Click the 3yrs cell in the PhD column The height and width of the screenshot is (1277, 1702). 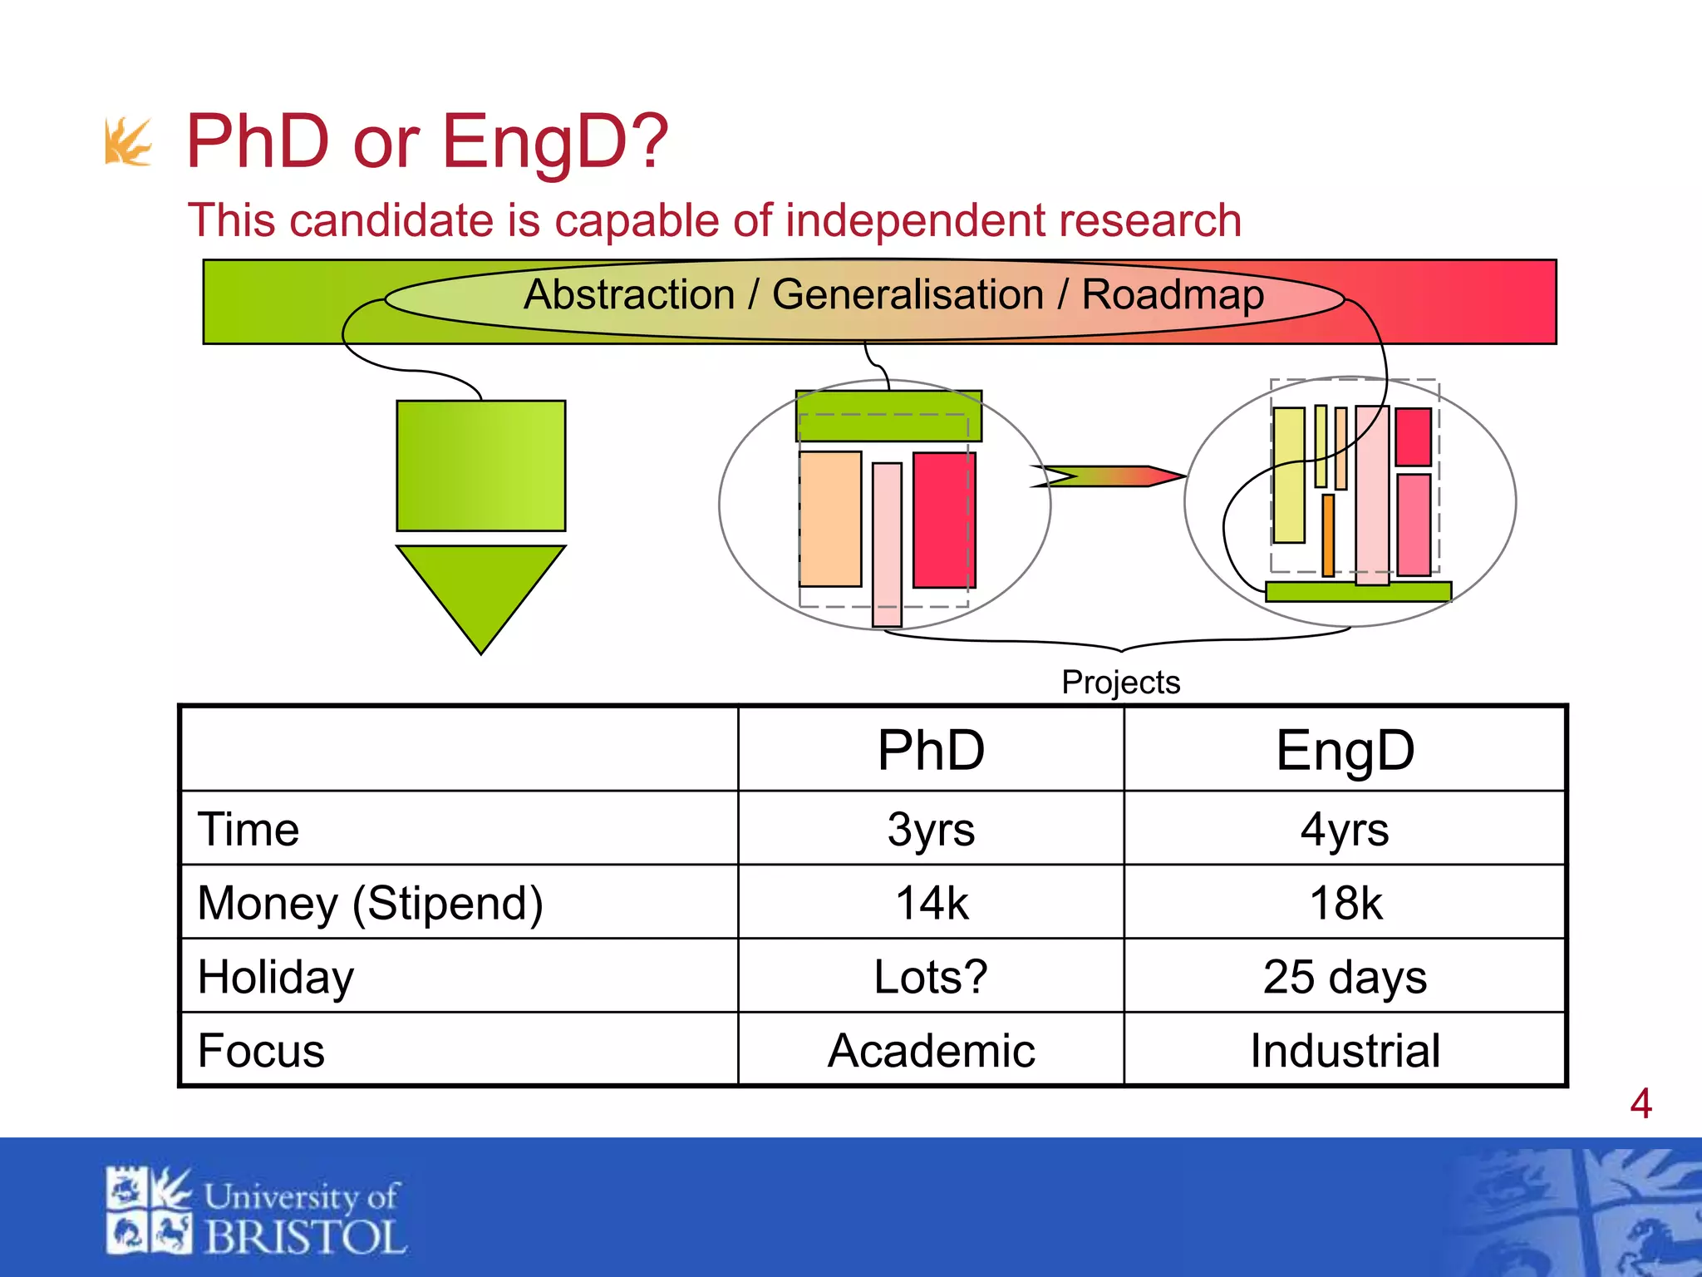930,829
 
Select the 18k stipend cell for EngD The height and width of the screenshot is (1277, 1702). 1345,903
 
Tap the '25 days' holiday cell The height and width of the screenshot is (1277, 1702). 1345,976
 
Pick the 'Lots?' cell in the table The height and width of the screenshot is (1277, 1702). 930,976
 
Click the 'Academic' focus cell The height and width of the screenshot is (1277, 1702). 930,1050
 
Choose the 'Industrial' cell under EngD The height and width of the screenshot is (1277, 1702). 1345,1050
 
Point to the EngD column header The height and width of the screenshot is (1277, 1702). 1345,750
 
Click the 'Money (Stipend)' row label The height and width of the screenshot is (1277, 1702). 371,903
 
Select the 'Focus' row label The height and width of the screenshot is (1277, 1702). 261,1050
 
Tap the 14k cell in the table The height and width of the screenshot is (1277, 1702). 930,903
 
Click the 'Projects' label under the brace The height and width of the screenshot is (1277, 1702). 1120,683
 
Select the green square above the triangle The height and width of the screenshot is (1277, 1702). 480,466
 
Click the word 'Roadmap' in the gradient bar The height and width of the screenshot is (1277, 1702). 1172,295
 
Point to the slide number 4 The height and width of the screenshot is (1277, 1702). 1641,1104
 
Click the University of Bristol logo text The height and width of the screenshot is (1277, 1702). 303,1218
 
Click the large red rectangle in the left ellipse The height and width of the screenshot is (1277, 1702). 943,520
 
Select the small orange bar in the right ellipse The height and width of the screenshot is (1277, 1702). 1328,535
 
